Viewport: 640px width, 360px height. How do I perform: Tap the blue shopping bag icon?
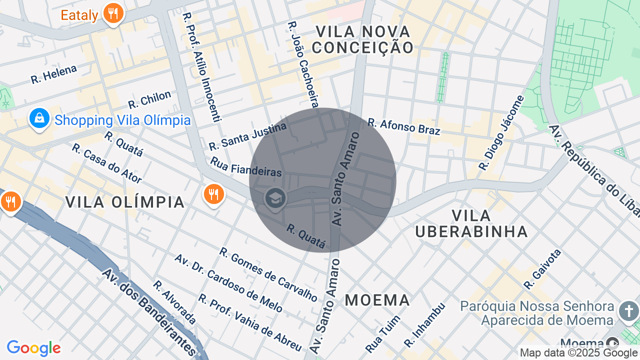click(x=39, y=118)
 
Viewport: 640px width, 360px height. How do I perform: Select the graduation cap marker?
click(x=275, y=198)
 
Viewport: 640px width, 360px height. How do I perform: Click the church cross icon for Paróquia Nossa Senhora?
click(x=628, y=311)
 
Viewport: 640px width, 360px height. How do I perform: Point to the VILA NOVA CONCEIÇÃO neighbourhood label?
click(x=363, y=39)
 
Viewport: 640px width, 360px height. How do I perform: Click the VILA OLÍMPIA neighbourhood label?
click(x=125, y=202)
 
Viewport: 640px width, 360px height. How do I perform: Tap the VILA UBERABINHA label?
click(x=471, y=223)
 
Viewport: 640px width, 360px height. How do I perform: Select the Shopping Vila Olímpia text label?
click(x=122, y=120)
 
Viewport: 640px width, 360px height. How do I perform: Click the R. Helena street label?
click(x=53, y=74)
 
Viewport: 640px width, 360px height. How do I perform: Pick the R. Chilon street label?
click(x=149, y=99)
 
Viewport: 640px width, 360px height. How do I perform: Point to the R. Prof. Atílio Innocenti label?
click(x=202, y=67)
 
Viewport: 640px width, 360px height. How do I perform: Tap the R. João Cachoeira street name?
click(x=303, y=64)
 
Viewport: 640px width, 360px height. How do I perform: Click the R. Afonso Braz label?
click(x=404, y=126)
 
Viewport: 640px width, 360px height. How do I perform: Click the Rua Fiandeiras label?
click(x=246, y=167)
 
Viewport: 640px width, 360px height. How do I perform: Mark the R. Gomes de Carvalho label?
click(x=268, y=274)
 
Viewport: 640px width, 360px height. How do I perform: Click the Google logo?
click(x=33, y=348)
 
